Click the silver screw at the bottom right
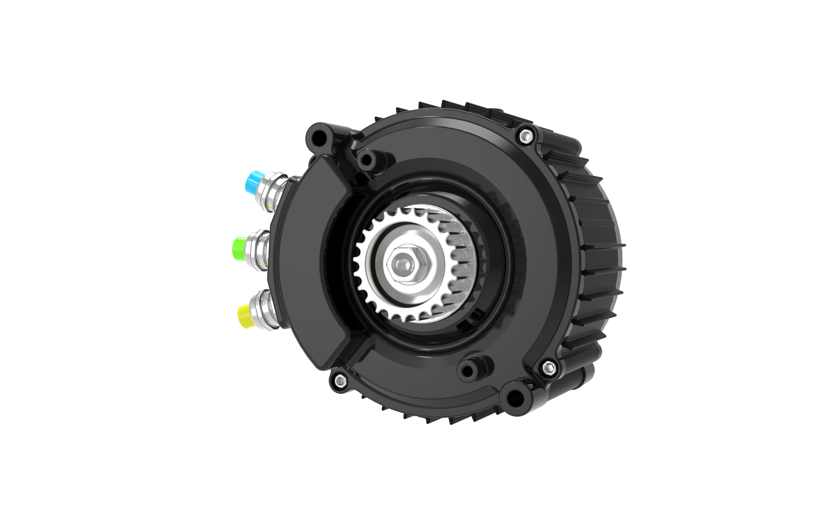[548, 366]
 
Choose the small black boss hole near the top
[367, 161]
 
